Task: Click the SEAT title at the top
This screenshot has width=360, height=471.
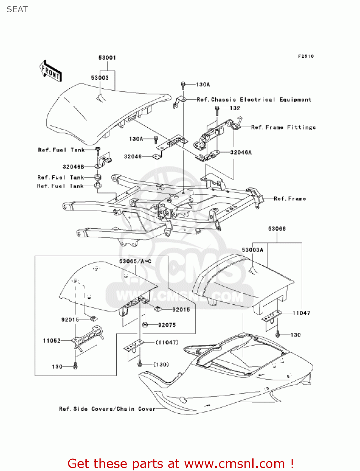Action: [x=17, y=9]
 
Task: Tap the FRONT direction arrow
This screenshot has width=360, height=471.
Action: [x=51, y=71]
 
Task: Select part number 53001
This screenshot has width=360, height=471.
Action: [x=107, y=57]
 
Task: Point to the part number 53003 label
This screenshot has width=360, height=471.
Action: [x=100, y=78]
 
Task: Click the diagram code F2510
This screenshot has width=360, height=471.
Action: [x=306, y=56]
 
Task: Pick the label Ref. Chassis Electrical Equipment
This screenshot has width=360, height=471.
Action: [x=254, y=100]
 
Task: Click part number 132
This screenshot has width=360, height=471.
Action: [x=235, y=108]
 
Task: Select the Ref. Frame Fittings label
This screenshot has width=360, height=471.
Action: [x=283, y=127]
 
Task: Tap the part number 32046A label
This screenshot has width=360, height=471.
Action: [x=241, y=152]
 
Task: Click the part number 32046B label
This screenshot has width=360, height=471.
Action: [x=73, y=167]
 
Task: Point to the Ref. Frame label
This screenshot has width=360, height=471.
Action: [x=290, y=198]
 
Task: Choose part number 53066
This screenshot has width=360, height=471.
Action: [x=277, y=229]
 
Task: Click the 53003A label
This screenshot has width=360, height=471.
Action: [x=252, y=250]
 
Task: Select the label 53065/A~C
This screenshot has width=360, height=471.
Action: [x=135, y=261]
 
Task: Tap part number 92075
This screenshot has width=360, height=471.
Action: [x=167, y=325]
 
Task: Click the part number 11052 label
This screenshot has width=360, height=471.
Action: [x=52, y=340]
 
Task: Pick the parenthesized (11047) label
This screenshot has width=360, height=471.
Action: [x=167, y=342]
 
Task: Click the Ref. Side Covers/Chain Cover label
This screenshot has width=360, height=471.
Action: [x=107, y=409]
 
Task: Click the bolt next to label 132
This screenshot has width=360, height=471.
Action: [x=217, y=109]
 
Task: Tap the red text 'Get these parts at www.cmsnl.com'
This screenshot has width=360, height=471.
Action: [x=180, y=463]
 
